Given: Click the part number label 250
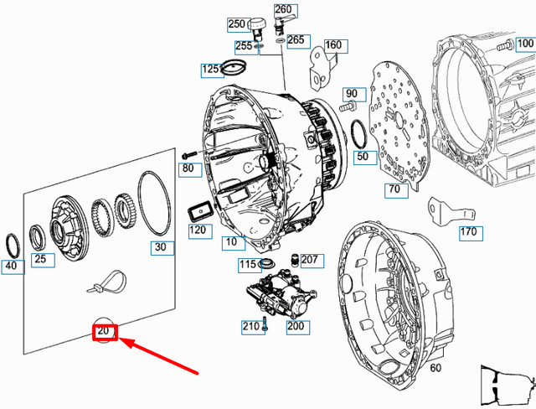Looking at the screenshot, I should point(236,23).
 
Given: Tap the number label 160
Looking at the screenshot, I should point(333,45).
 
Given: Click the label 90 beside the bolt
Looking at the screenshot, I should point(350,94).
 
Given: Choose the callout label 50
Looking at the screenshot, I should point(362,157).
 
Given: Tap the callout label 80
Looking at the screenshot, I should point(188,169).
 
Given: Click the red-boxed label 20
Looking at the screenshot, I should point(104,333).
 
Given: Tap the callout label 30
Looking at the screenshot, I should point(161,247).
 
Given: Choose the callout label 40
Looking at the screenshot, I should point(10,267).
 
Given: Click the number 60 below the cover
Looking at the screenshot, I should point(435,368).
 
